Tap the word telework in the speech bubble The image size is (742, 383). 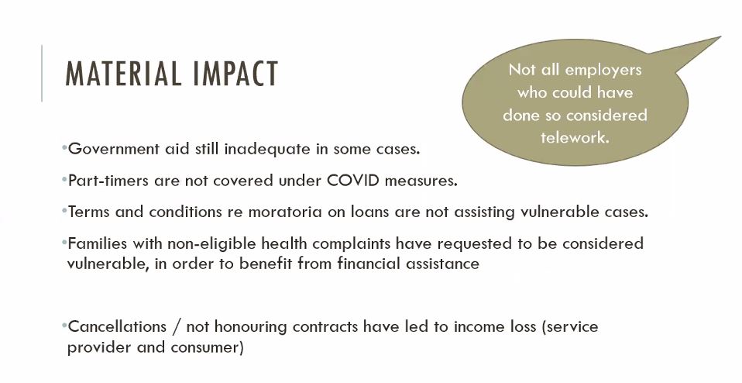(x=575, y=137)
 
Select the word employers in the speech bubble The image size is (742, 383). (x=603, y=71)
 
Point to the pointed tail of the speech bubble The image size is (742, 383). (x=720, y=37)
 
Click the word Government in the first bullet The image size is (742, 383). (x=114, y=149)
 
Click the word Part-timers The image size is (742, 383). (x=109, y=181)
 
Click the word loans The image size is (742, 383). (x=370, y=212)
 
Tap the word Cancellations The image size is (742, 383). (x=118, y=326)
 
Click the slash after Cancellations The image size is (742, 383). (x=177, y=326)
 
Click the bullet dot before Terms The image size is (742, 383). (x=64, y=210)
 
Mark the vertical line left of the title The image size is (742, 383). (x=42, y=74)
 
